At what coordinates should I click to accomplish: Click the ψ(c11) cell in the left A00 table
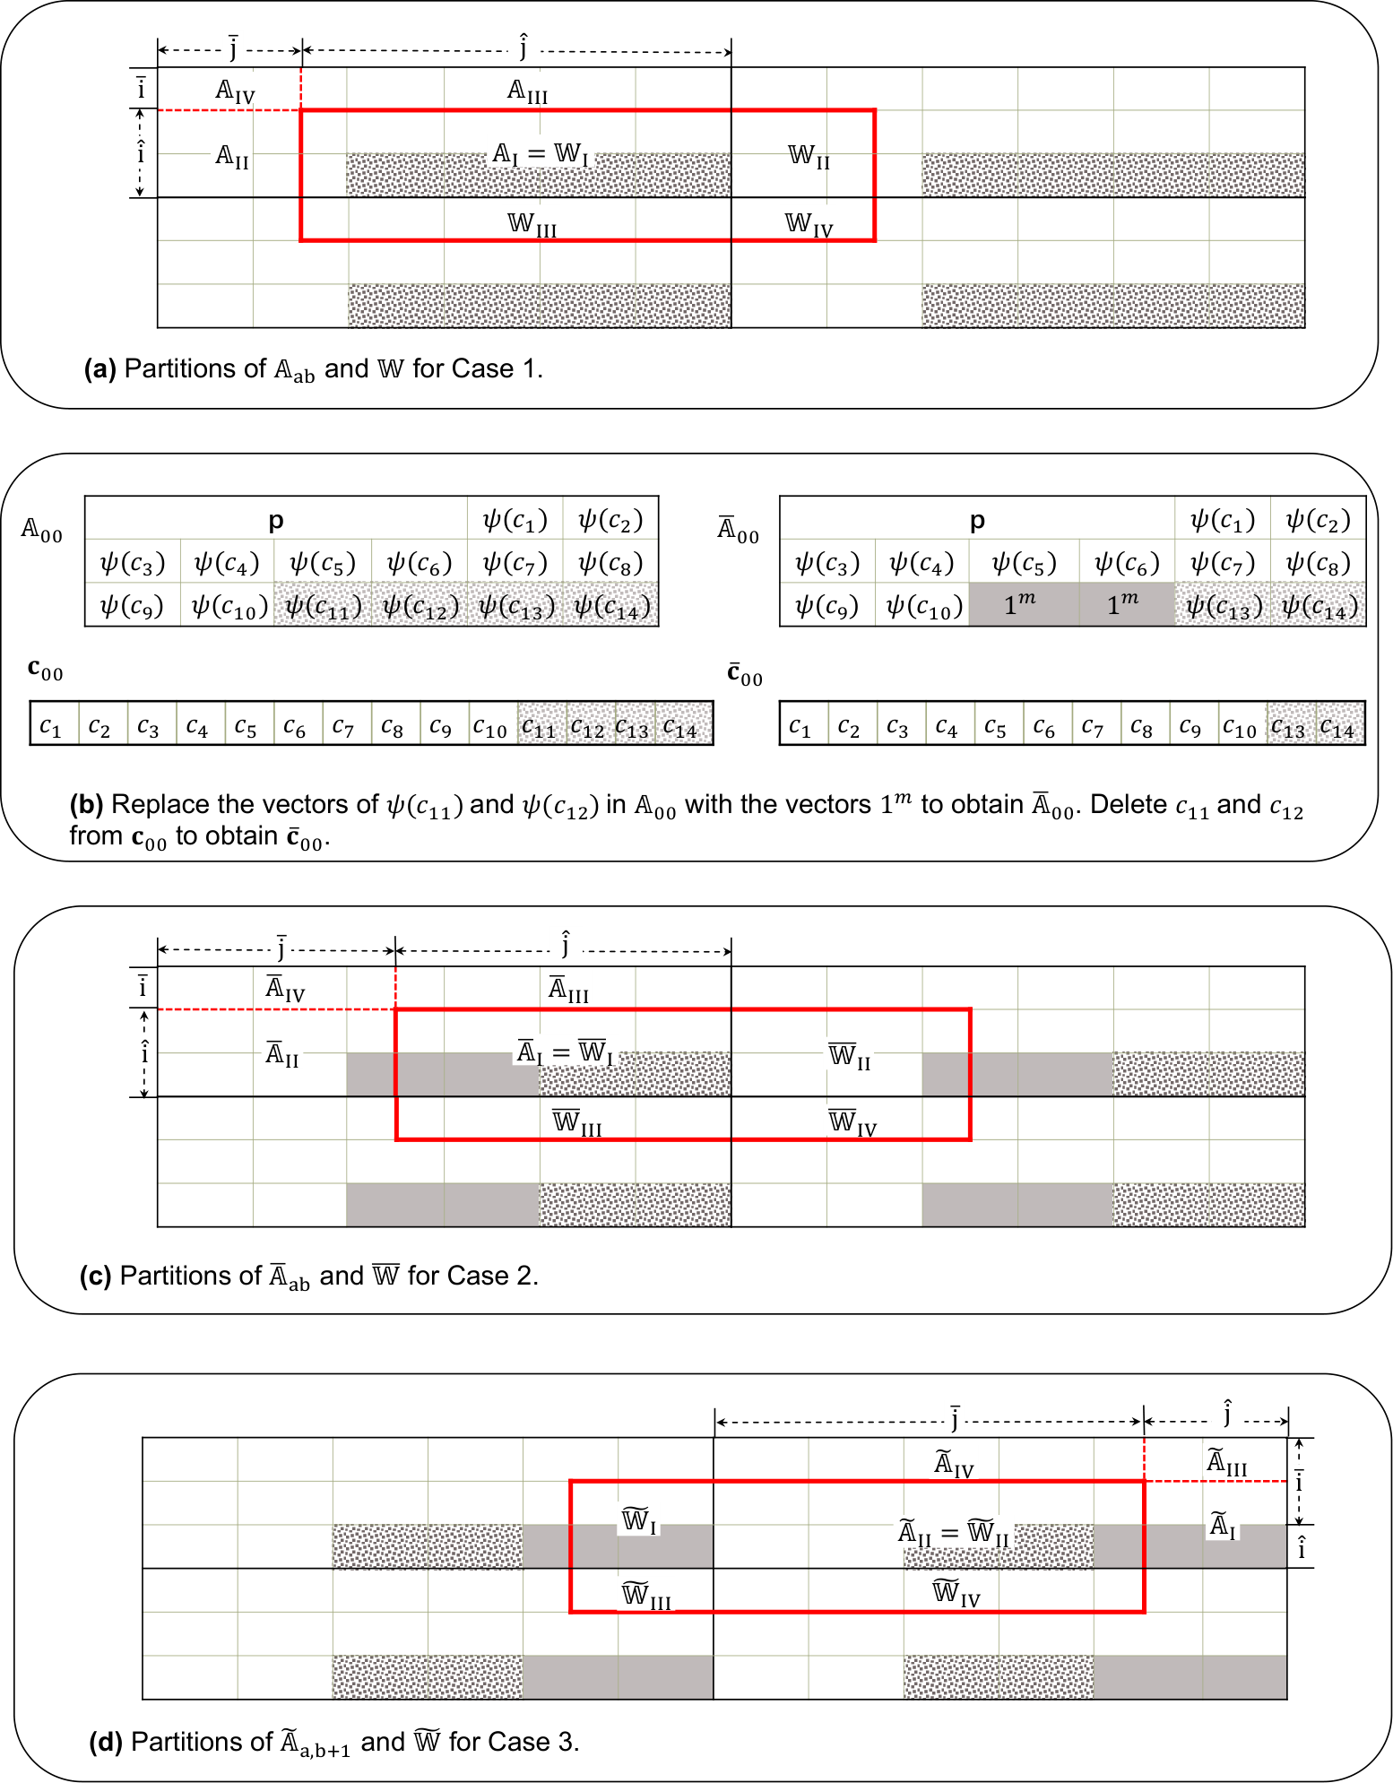point(324,605)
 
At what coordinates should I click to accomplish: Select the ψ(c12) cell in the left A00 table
point(420,605)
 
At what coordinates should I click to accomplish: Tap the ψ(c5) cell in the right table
point(1024,562)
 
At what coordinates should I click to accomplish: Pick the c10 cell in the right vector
point(1242,724)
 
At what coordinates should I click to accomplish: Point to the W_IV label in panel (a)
point(809,224)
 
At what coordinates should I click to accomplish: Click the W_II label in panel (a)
point(809,157)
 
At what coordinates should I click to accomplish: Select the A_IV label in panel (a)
point(236,91)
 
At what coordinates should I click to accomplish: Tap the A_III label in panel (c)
point(569,990)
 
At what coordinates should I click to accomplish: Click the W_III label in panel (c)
point(577,1122)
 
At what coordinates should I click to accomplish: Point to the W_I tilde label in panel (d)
point(639,1520)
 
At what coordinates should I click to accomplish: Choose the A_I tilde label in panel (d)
point(1223,1525)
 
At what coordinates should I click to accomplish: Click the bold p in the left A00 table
point(276,520)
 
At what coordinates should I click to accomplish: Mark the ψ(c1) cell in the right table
point(1223,519)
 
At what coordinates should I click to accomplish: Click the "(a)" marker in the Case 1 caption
point(99,368)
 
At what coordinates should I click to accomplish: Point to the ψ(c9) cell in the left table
point(133,605)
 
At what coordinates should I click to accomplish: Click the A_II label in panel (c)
point(282,1054)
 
